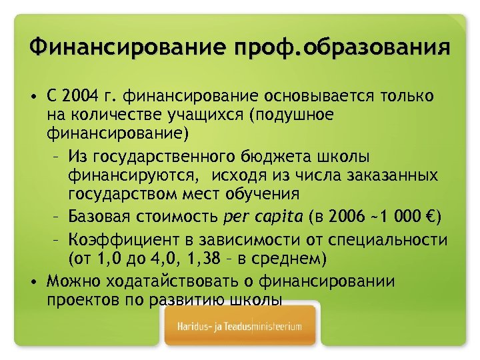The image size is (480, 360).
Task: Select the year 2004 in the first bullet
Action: [83, 97]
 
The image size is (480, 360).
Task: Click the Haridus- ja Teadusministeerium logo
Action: [239, 327]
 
